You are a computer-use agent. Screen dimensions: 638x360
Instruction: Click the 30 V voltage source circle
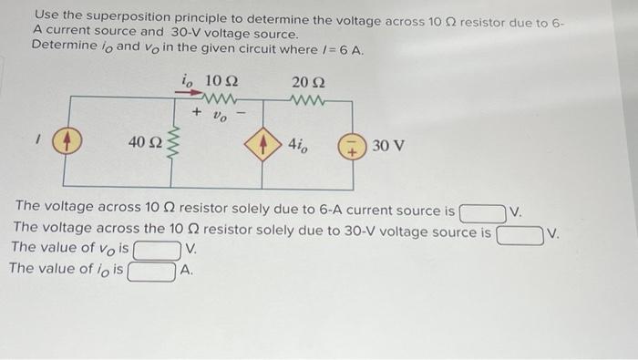point(352,145)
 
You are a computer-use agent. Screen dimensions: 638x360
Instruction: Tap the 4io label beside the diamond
point(299,144)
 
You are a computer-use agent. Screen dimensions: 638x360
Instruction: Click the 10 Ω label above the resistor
point(221,81)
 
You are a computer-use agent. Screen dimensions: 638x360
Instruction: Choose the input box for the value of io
point(152,271)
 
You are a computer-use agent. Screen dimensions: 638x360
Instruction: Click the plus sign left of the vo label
point(196,114)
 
